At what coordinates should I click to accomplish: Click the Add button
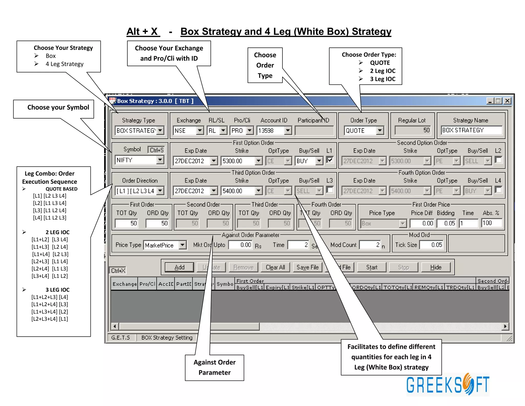click(179, 267)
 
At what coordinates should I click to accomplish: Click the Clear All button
click(275, 267)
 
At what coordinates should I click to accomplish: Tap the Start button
click(371, 267)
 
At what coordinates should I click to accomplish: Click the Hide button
click(436, 267)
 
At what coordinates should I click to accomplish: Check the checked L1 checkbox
click(330, 160)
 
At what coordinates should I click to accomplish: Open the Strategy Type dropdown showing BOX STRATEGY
click(139, 130)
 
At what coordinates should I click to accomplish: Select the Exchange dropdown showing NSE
click(188, 130)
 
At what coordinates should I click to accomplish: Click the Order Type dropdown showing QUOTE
click(364, 130)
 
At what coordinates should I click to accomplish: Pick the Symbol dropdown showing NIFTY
click(139, 160)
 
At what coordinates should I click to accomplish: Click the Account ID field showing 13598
click(274, 130)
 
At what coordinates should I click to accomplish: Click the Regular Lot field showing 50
click(413, 130)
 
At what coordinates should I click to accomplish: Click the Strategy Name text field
click(471, 130)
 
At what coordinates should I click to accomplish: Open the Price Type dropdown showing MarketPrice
click(165, 245)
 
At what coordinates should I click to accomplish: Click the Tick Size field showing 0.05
click(432, 245)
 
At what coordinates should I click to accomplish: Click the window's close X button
click(507, 101)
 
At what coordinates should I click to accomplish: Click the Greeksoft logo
click(448, 384)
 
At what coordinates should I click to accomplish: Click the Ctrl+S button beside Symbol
click(156, 150)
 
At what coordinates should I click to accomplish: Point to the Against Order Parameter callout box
click(214, 367)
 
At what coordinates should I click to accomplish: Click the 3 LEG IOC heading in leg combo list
click(57, 290)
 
